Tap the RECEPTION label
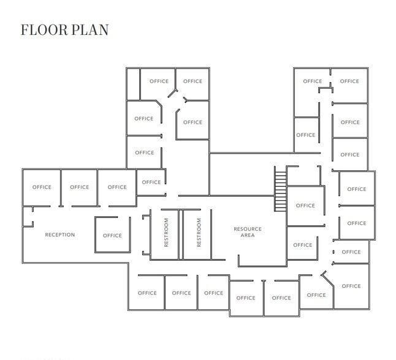tap(60, 235)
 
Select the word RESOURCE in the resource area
tap(248, 229)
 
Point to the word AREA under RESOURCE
tap(248, 236)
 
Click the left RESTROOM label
tap(166, 233)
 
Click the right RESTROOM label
tap(199, 233)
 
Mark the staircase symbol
tap(281, 190)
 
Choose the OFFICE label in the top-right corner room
tap(349, 81)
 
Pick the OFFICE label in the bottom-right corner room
tap(351, 286)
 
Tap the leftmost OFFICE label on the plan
tap(42, 187)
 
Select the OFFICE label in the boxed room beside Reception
tap(112, 236)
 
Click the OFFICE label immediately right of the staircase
tap(305, 206)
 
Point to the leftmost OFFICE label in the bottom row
tap(147, 293)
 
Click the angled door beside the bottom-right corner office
tap(327, 279)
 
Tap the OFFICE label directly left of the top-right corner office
tap(313, 81)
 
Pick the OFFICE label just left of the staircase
tap(151, 182)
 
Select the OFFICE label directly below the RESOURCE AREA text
tap(246, 298)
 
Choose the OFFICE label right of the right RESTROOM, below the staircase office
tap(303, 245)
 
